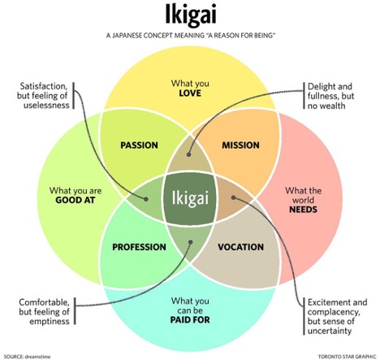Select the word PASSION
click(x=139, y=145)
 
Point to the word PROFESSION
click(x=139, y=247)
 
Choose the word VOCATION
click(x=241, y=247)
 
